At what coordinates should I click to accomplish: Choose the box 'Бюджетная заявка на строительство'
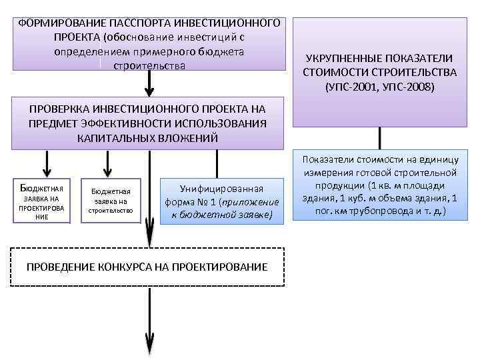pyautogui.click(x=111, y=200)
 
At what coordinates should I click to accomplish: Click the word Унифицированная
pyautogui.click(x=218, y=189)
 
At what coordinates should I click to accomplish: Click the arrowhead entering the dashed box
pyautogui.click(x=149, y=240)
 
